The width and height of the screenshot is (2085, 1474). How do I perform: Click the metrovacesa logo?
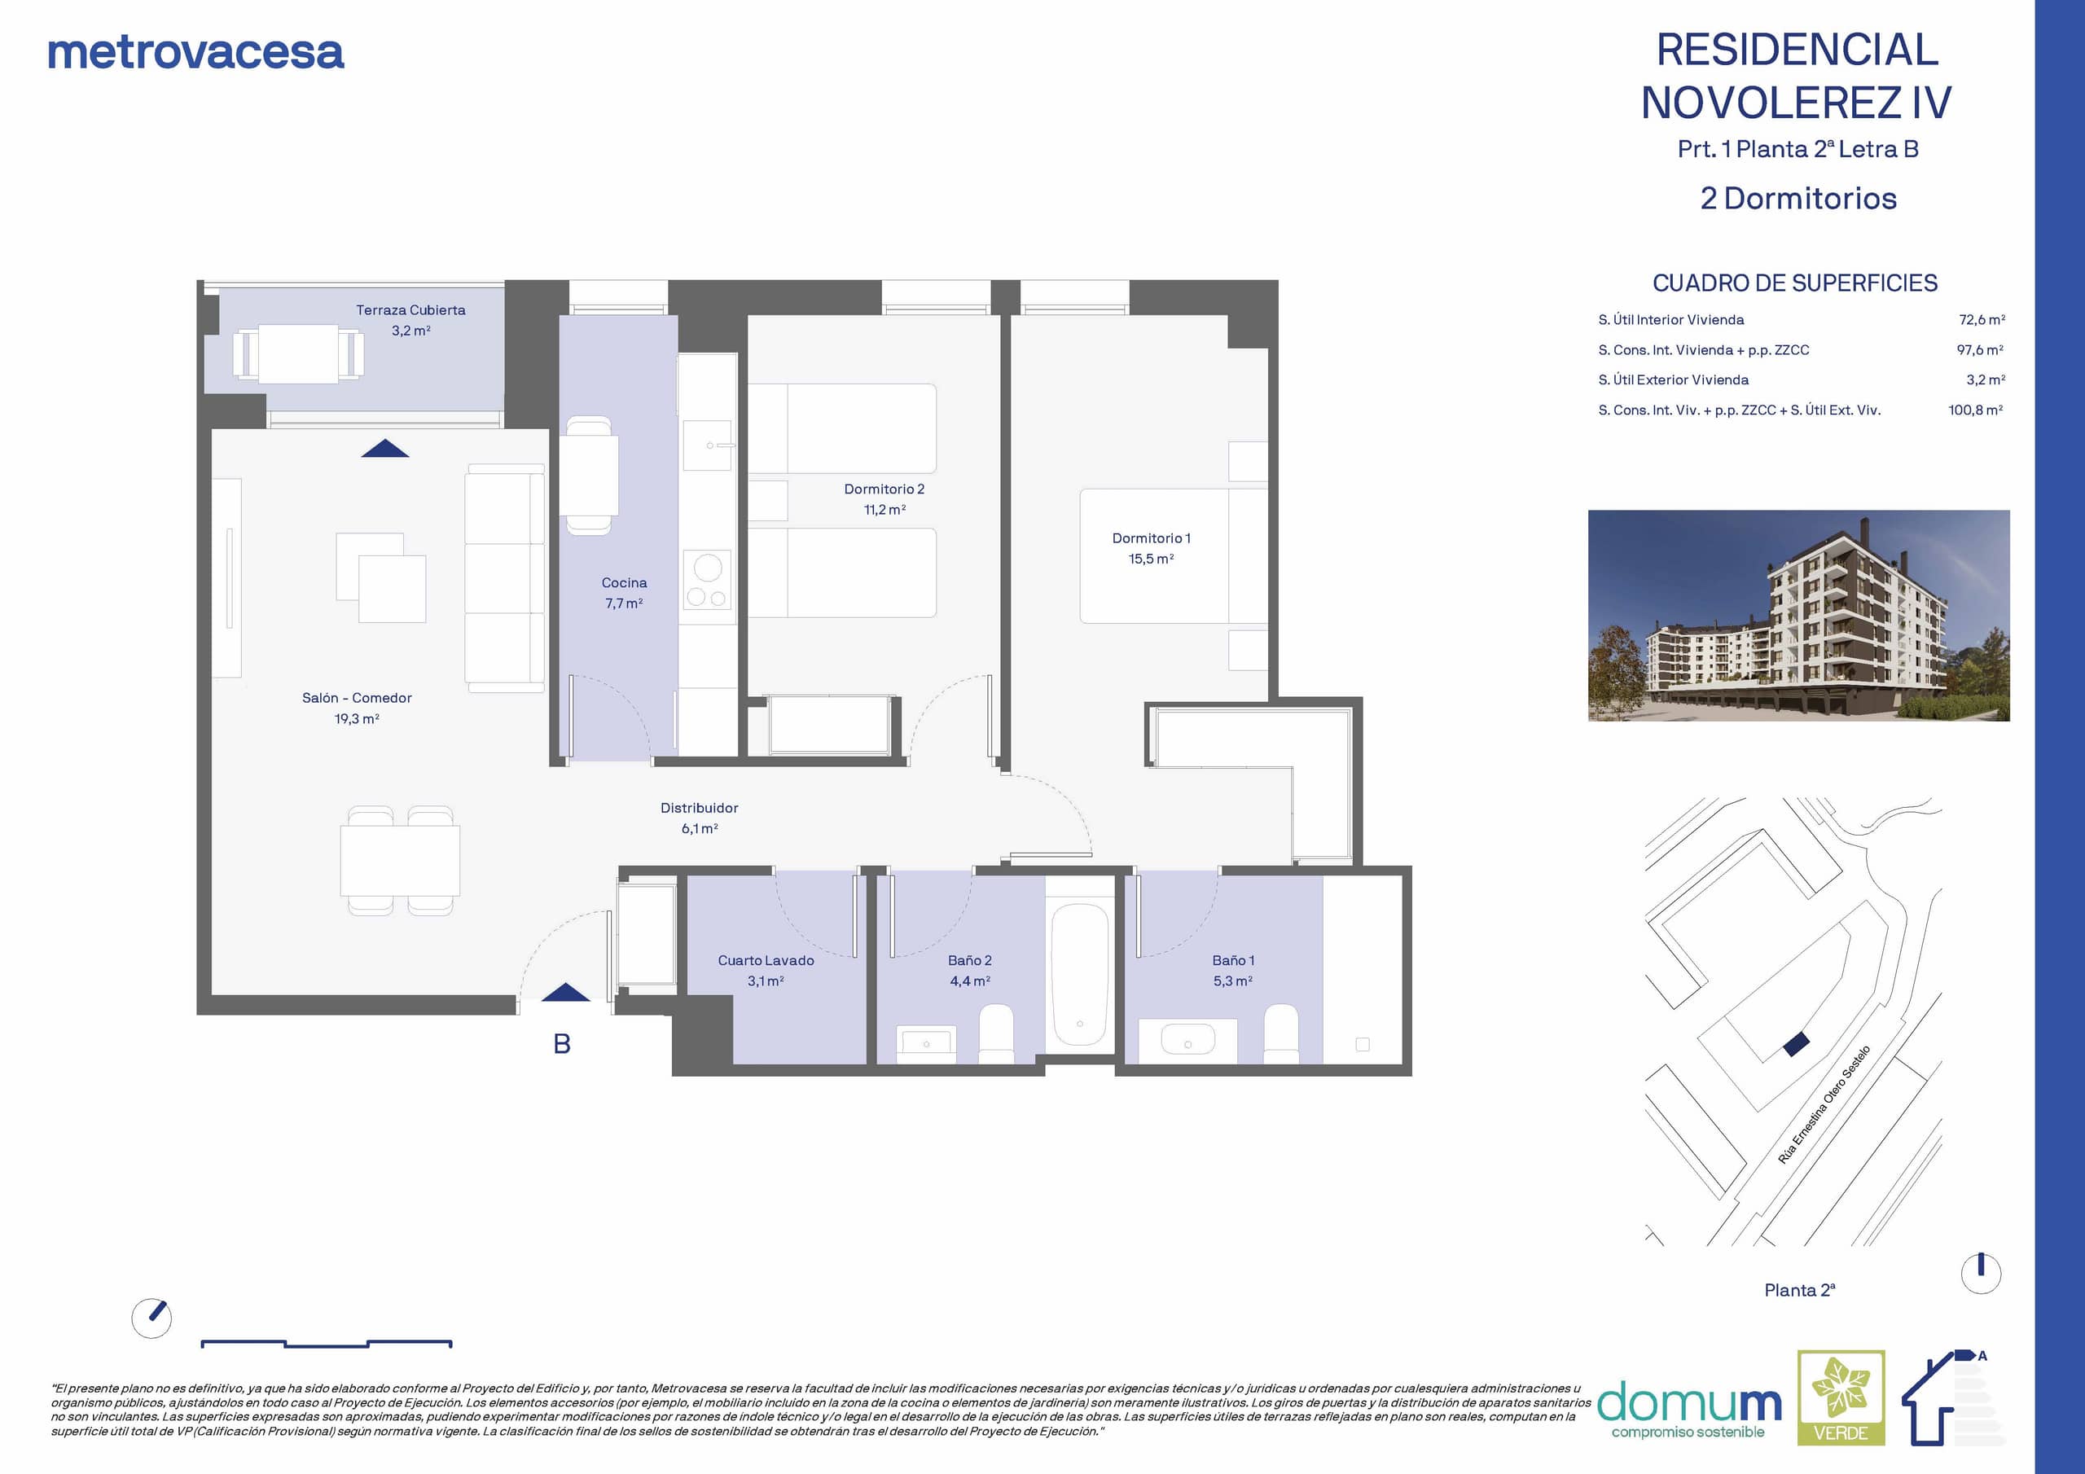[x=195, y=53]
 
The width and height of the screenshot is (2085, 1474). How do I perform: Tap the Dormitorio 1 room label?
[x=1151, y=547]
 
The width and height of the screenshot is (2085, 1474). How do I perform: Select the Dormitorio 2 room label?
[x=884, y=498]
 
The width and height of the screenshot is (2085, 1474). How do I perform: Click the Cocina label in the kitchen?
[x=624, y=592]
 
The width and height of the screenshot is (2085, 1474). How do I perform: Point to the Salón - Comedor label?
[x=357, y=708]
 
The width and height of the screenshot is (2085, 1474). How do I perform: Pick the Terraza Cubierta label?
[x=410, y=320]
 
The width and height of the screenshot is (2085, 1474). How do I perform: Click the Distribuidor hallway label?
[x=700, y=818]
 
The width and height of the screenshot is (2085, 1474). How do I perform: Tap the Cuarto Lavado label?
[x=766, y=970]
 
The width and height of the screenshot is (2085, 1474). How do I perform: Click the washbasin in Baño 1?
[x=1187, y=1040]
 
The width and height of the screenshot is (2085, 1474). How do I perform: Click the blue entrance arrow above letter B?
[x=565, y=993]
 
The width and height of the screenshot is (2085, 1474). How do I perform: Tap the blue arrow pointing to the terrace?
[x=385, y=448]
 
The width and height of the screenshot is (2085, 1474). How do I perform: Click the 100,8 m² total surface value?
[x=1975, y=410]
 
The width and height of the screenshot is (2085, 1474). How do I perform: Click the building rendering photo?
[x=1798, y=616]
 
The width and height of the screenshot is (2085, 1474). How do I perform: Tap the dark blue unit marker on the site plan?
[x=1796, y=1045]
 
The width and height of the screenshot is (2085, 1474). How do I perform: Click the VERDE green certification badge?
[x=1841, y=1397]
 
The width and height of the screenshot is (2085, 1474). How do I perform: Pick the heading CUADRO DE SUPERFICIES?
[x=1794, y=283]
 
